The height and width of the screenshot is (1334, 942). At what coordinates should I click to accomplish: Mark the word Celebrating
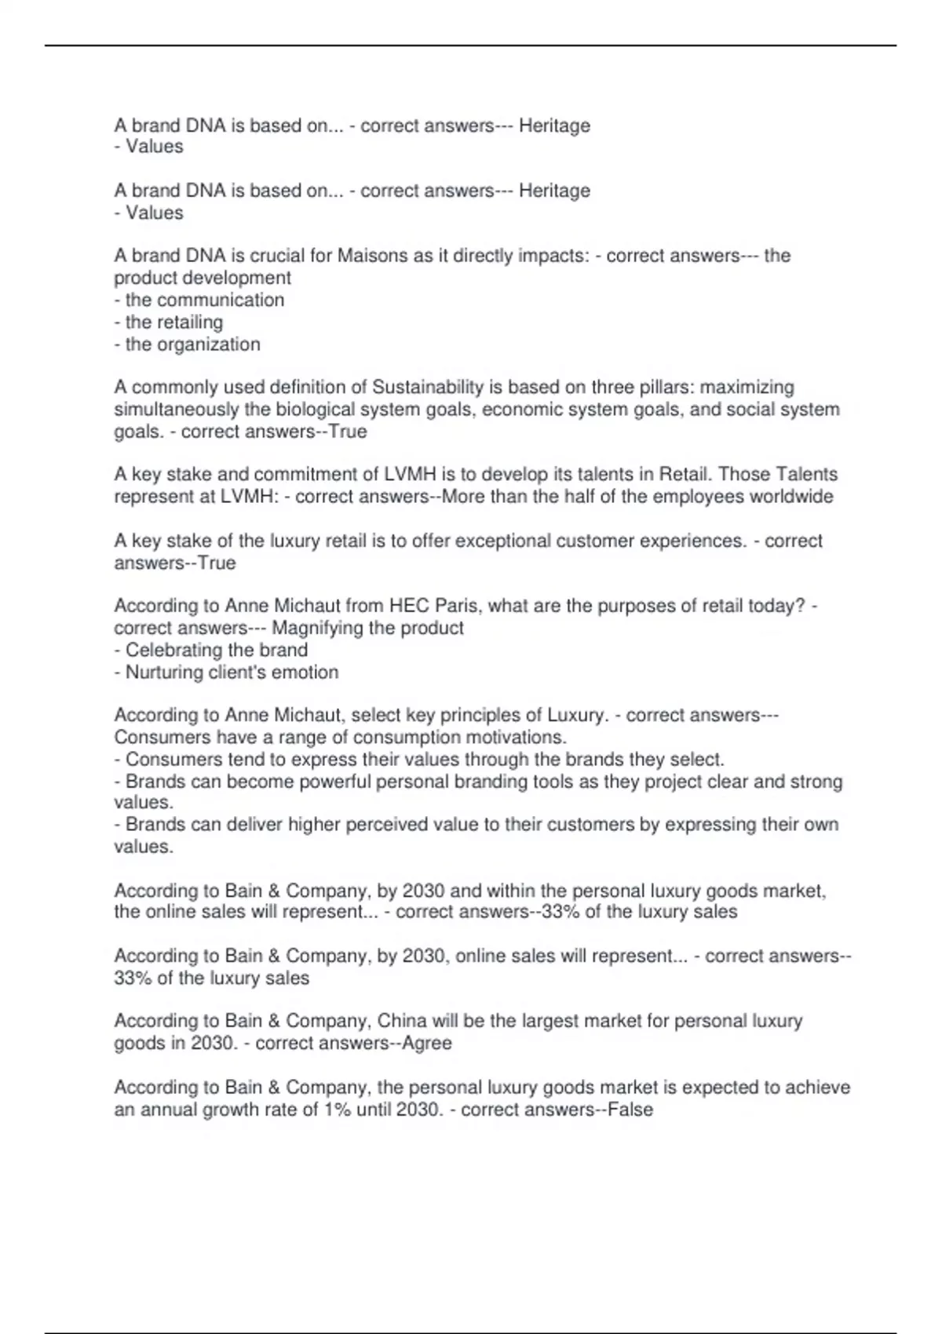click(171, 650)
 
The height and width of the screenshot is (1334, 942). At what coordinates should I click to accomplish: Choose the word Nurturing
click(164, 672)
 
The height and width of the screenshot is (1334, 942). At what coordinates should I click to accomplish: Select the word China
click(402, 1021)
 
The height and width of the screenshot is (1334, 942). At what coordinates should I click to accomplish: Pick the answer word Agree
click(427, 1043)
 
